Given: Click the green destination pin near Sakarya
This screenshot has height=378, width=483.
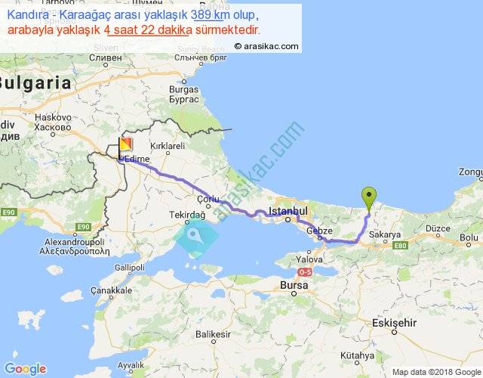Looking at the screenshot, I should [x=368, y=196].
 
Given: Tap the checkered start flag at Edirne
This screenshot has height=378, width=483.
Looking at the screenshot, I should [x=126, y=144].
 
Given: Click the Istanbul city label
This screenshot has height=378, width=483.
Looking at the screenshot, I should [x=290, y=208].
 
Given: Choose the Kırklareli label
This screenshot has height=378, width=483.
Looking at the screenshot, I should [x=168, y=145].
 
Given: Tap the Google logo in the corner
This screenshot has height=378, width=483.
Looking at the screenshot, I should [x=24, y=368].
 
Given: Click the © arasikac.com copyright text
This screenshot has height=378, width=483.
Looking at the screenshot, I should [x=266, y=46].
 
